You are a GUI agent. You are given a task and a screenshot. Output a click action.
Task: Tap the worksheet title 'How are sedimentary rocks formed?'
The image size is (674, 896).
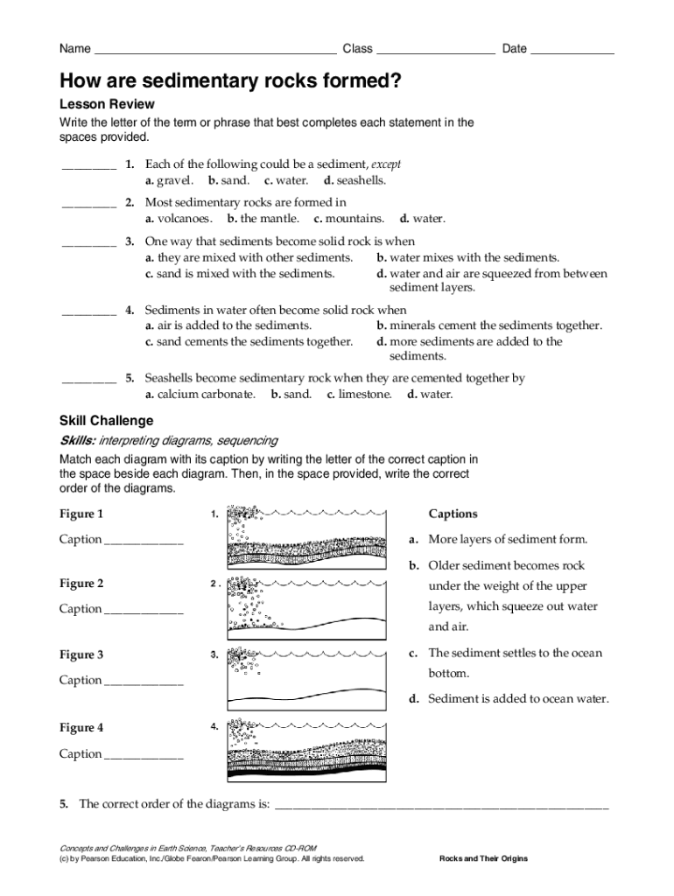tap(230, 82)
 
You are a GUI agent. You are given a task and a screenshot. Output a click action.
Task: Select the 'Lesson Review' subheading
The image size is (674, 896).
tap(107, 105)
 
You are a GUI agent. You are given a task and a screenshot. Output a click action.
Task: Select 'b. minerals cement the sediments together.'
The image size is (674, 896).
tap(489, 325)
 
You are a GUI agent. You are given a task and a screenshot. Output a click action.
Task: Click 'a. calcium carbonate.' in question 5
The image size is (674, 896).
tap(200, 395)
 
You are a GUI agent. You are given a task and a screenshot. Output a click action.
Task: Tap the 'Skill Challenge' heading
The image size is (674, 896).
tap(106, 421)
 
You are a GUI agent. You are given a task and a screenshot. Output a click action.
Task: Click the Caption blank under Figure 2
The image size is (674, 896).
tap(144, 610)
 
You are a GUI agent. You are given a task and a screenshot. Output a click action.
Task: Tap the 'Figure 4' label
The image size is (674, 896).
tap(81, 727)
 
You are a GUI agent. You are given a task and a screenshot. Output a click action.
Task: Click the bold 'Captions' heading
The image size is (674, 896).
tap(453, 514)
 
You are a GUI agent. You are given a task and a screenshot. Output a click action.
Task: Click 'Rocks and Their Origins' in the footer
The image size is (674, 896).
tap(483, 858)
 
